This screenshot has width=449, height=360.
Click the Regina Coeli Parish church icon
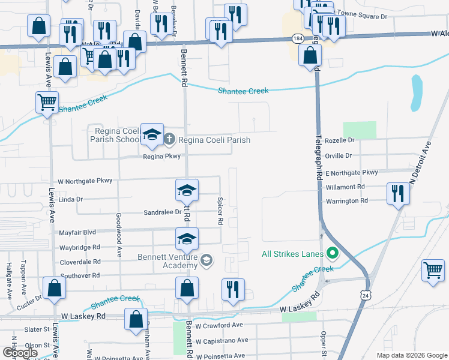(x=169, y=140)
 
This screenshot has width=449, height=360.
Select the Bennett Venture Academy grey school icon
(x=206, y=259)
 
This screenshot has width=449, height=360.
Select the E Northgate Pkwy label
(x=351, y=173)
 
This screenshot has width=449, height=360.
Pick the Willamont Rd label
(x=345, y=187)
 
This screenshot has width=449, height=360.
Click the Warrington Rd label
(x=346, y=200)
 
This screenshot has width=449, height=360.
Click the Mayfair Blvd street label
(x=77, y=232)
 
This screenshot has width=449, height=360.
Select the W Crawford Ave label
(x=218, y=325)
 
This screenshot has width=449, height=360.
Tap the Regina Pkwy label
(x=161, y=157)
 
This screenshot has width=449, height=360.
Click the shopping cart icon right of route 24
(x=433, y=270)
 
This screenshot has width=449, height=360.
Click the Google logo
(x=20, y=353)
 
